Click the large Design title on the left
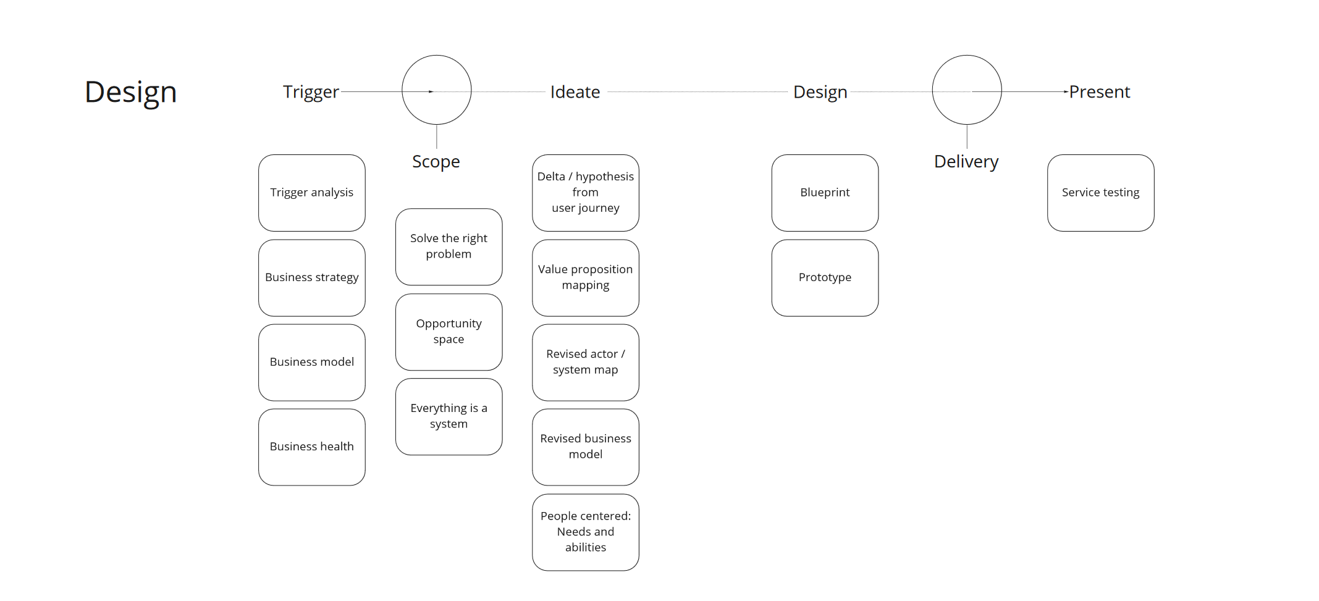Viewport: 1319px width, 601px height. coord(130,92)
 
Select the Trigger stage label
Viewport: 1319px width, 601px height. coord(311,92)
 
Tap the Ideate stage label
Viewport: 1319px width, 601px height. coord(575,92)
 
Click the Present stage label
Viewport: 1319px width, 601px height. coord(1100,92)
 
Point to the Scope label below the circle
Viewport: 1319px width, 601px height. coord(436,161)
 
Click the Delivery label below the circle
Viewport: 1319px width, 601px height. coord(966,161)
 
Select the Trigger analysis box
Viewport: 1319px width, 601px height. coord(312,193)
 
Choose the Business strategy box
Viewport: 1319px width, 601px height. coord(312,277)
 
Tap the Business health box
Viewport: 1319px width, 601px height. coord(312,447)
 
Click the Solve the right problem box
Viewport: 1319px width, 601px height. coord(449,246)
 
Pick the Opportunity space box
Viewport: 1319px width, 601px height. coord(449,332)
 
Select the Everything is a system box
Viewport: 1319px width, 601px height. coord(449,416)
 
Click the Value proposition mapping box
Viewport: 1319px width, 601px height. coord(586,277)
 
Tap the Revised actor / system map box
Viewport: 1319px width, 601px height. coord(586,362)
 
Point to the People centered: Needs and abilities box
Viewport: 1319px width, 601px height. coord(586,532)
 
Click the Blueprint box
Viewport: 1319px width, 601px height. coord(825,193)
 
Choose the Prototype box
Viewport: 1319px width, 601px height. coord(825,277)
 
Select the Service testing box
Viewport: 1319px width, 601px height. coord(1100,193)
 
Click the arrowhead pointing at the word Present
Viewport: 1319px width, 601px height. coord(1066,91)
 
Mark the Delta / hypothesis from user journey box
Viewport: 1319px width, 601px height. coord(586,193)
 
